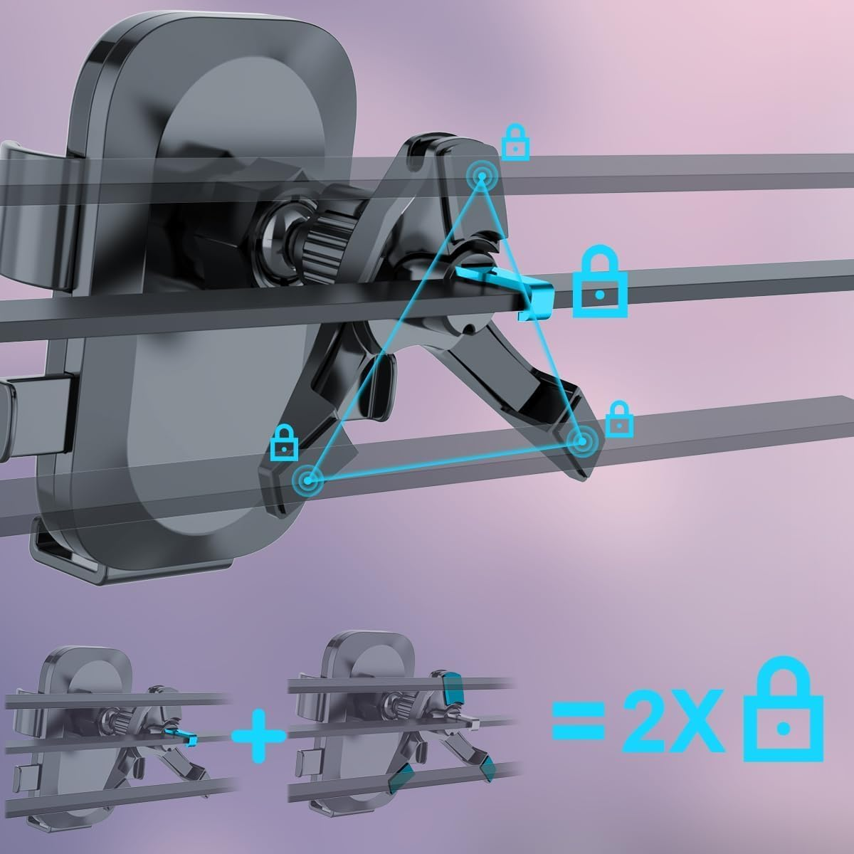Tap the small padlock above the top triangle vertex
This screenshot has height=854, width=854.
[515, 143]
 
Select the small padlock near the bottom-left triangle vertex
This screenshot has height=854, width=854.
[284, 443]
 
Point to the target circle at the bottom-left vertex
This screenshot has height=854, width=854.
[307, 480]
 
